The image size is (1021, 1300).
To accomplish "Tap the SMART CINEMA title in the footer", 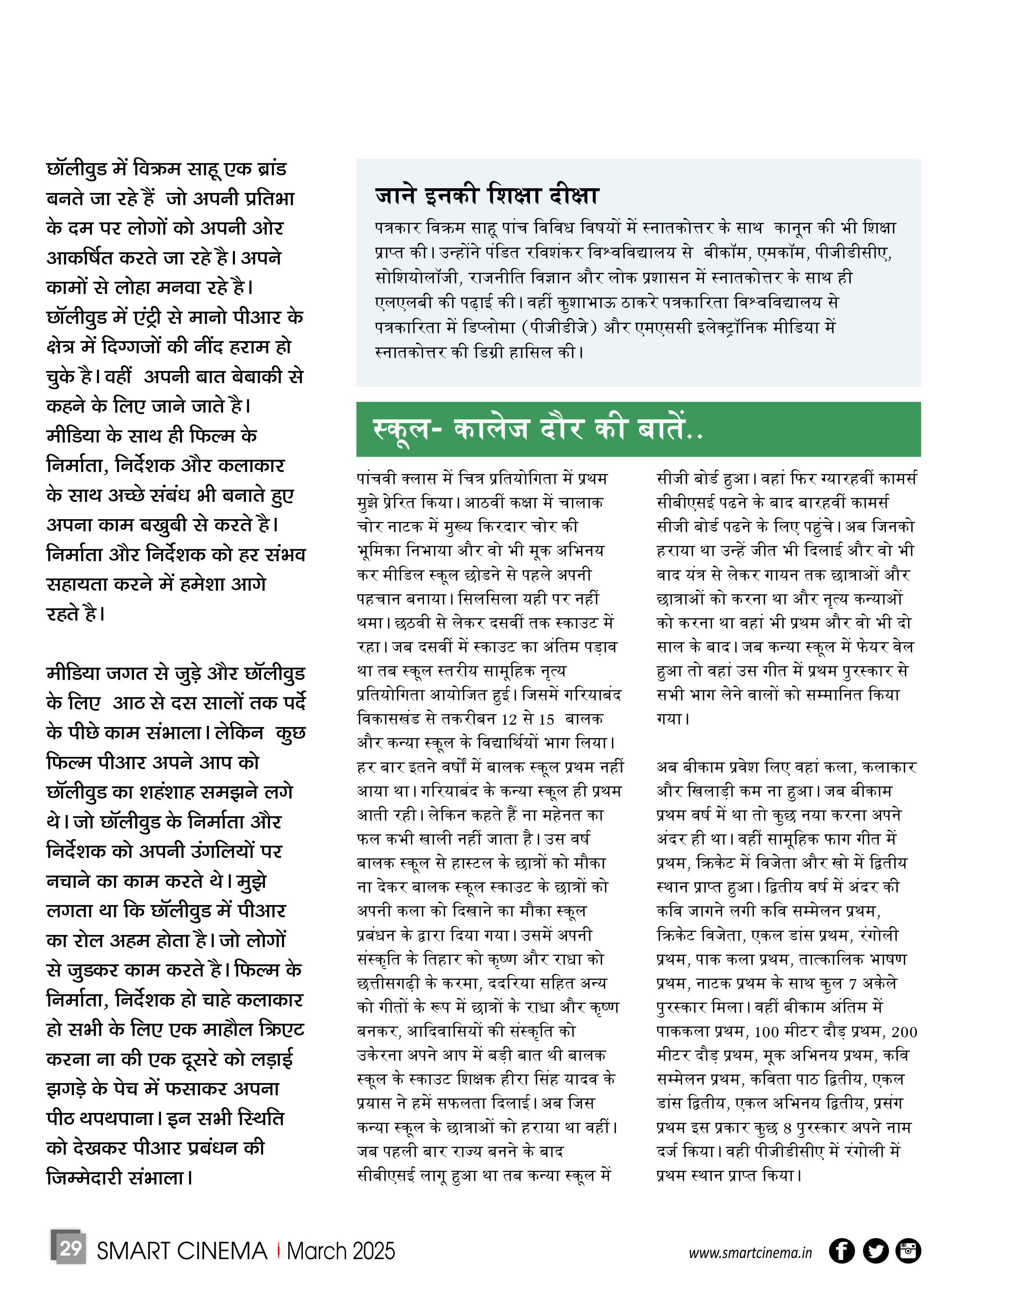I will [x=182, y=1251].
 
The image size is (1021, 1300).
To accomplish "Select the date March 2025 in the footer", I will [x=341, y=1251].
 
